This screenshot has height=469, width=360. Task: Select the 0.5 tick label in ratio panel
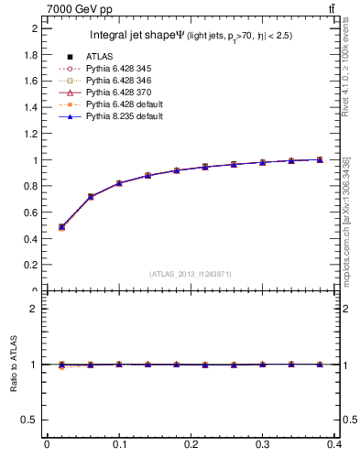30,420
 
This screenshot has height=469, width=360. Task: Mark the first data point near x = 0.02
61,226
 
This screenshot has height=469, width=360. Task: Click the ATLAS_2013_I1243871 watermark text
190,274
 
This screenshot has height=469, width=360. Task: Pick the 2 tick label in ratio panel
35,309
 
